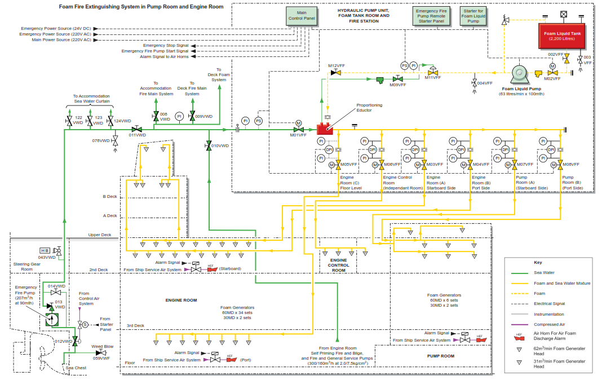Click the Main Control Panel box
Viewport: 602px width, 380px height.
302,15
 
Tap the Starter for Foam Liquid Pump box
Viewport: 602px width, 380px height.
473,15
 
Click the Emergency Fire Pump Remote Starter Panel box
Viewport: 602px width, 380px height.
430,15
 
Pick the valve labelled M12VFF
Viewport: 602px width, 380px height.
336,73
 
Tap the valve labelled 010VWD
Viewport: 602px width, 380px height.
209,145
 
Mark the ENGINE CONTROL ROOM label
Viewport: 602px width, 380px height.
338,265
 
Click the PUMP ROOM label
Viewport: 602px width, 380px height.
440,356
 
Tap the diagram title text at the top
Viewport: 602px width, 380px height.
141,7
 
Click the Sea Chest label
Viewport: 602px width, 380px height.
76,368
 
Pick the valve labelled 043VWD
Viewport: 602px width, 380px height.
59,250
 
